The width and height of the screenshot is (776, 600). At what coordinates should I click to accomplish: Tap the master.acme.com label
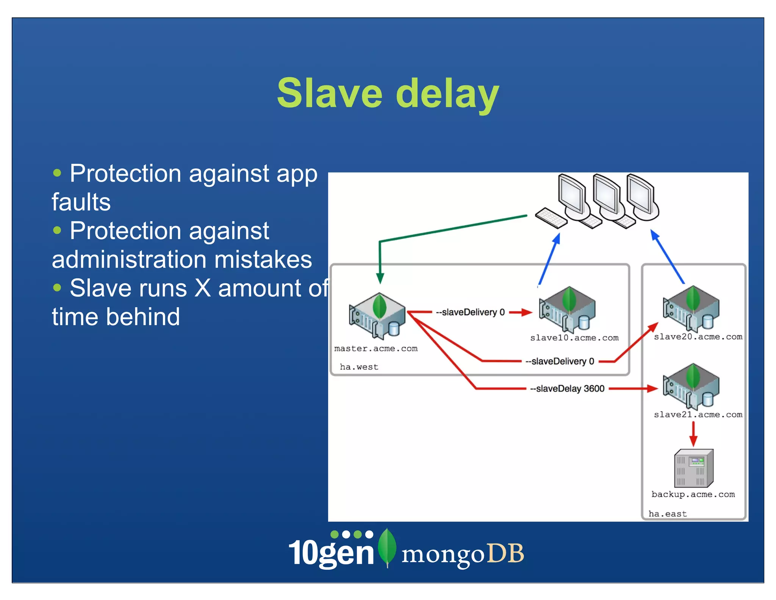(x=375, y=349)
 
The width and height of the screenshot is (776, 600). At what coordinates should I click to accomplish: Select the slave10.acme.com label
(x=574, y=338)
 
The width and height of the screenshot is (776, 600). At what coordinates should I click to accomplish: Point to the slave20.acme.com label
(x=698, y=336)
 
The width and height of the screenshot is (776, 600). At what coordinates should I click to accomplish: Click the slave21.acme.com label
(x=698, y=415)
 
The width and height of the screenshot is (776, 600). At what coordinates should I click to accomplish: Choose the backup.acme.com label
(x=693, y=494)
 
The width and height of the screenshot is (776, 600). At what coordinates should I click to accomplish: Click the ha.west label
(x=359, y=367)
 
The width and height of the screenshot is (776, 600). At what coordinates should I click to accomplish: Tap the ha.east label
(x=667, y=514)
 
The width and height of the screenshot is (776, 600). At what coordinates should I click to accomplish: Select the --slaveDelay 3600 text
(x=567, y=389)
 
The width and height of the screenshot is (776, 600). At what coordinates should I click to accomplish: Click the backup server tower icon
(x=693, y=468)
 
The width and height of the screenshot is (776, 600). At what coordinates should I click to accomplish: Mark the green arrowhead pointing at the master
(x=380, y=278)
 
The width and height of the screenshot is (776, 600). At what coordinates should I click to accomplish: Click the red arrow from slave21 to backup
(x=693, y=434)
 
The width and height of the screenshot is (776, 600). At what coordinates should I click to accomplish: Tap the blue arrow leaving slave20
(x=668, y=256)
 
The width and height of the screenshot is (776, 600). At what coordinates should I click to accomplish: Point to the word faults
(x=81, y=202)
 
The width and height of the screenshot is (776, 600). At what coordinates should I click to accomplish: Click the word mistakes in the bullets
(x=263, y=260)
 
